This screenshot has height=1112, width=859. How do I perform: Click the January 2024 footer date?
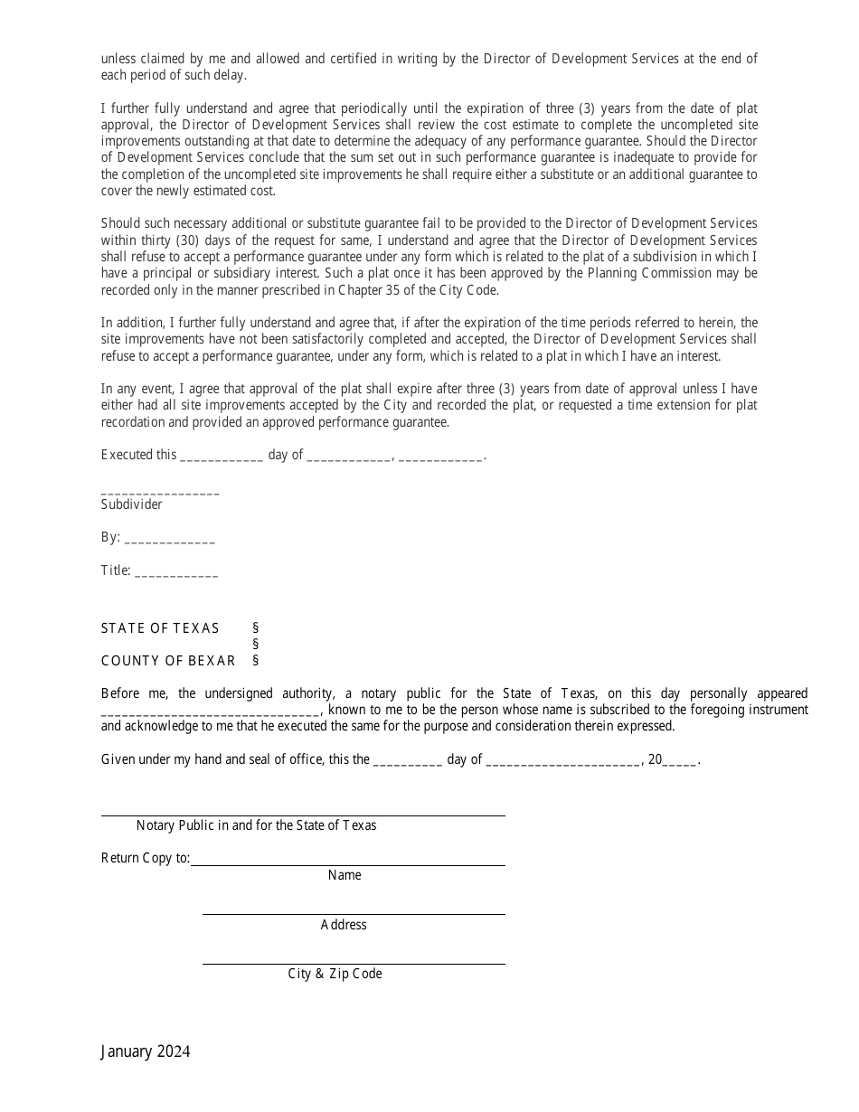tap(146, 1051)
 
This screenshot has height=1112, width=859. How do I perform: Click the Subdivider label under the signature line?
tap(132, 504)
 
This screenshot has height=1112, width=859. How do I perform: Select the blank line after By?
tap(169, 540)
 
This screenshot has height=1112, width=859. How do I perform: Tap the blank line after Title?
tap(176, 574)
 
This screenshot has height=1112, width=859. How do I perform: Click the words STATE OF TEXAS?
tap(160, 628)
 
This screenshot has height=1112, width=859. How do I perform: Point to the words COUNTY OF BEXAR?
tap(168, 661)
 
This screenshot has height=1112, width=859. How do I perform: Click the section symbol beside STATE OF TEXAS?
tap(256, 628)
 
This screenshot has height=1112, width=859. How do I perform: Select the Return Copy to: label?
tap(146, 858)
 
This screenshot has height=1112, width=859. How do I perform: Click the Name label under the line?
tap(345, 875)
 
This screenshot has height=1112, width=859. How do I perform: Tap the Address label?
tap(344, 925)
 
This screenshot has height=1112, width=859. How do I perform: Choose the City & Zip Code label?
tap(335, 974)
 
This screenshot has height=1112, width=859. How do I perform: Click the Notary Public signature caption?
tap(256, 825)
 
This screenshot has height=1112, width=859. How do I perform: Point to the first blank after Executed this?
tap(222, 458)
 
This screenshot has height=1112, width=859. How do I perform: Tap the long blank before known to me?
tap(211, 713)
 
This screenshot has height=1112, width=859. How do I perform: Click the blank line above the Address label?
tap(354, 913)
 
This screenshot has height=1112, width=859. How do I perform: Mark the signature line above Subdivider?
tap(160, 492)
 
